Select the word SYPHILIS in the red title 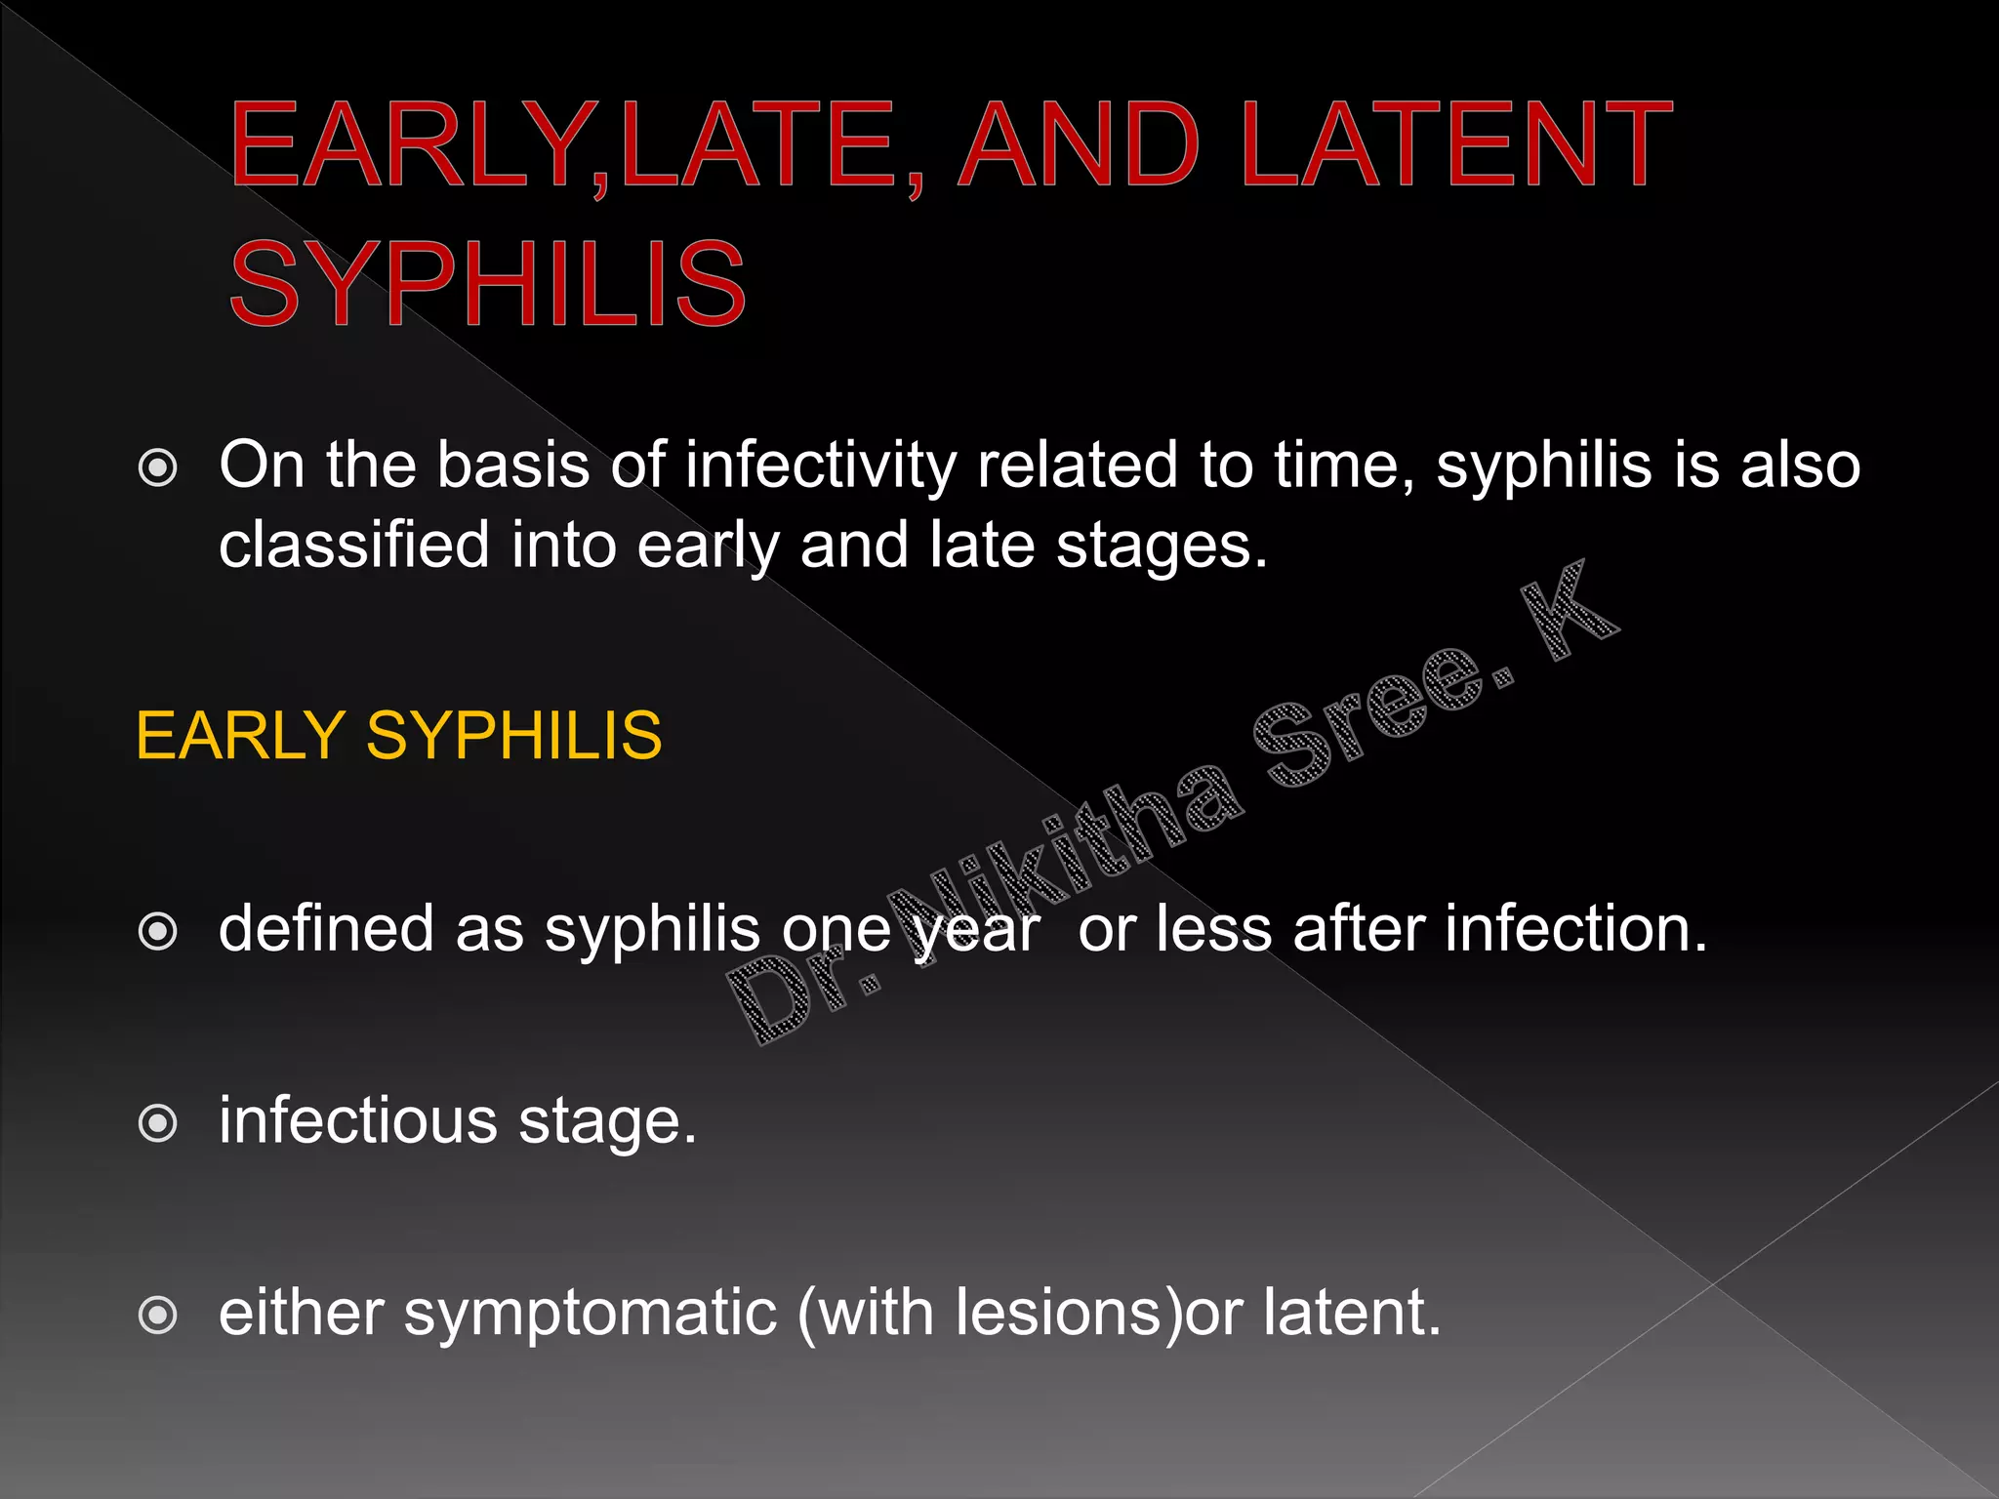coord(488,285)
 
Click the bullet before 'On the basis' coord(158,468)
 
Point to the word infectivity coord(820,466)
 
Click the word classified coord(353,545)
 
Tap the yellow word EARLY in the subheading coord(240,735)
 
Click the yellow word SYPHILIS coord(514,735)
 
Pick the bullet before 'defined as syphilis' coord(158,931)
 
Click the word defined coord(326,929)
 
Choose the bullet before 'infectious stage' coord(158,1123)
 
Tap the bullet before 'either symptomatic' coord(158,1316)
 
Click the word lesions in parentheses coord(1068,1312)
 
